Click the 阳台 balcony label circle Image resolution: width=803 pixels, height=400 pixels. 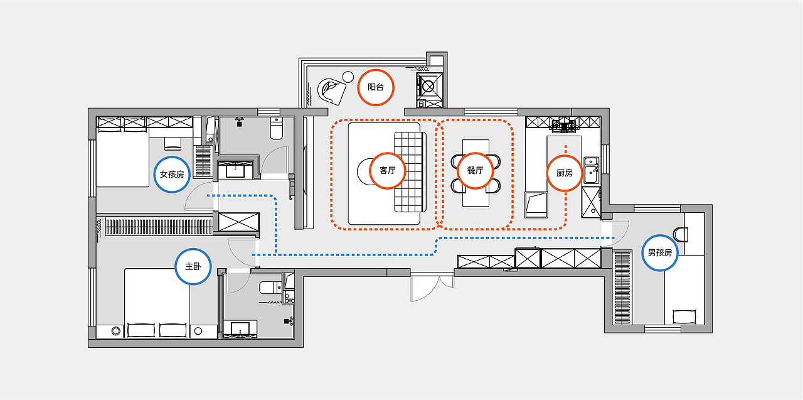(x=376, y=87)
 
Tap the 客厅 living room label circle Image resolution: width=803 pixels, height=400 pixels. (x=387, y=170)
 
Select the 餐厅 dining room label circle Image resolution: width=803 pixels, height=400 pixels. (x=476, y=170)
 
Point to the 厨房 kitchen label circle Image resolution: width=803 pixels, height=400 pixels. (x=565, y=173)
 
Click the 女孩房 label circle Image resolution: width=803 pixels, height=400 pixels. (x=172, y=175)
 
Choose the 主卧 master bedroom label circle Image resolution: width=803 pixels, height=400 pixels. (x=193, y=266)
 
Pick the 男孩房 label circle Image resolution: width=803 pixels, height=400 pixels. (x=659, y=253)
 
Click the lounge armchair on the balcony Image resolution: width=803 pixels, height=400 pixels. (x=332, y=91)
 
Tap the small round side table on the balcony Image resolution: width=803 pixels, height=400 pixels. (x=348, y=77)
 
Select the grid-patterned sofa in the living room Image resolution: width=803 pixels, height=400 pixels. (x=410, y=172)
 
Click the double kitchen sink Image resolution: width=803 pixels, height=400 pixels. (x=592, y=170)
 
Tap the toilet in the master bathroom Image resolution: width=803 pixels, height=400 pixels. (x=270, y=288)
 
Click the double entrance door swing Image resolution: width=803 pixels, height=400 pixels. (x=432, y=287)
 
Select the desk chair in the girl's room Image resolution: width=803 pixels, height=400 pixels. (x=173, y=144)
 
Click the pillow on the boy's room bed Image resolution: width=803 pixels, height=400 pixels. (x=684, y=316)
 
